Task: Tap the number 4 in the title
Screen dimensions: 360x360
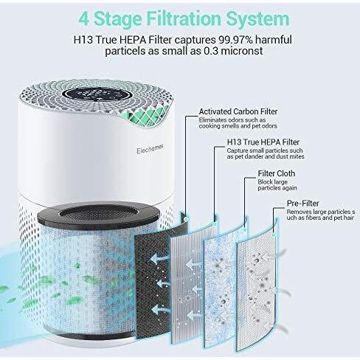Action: [x=84, y=18]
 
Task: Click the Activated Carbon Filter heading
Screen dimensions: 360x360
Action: [x=238, y=111]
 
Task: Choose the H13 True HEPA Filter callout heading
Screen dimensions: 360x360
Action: [x=263, y=142]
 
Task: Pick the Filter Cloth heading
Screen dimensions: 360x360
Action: [x=277, y=173]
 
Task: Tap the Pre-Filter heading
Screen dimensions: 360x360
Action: [x=303, y=204]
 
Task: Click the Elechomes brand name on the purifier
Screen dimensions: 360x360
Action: [x=150, y=149]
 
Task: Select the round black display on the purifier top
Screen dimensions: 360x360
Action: [x=97, y=94]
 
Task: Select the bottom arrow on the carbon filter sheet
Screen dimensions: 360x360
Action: [x=160, y=310]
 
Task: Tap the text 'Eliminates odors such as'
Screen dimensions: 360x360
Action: [x=232, y=120]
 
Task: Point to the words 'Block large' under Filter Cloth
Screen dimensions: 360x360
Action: [x=272, y=182]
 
